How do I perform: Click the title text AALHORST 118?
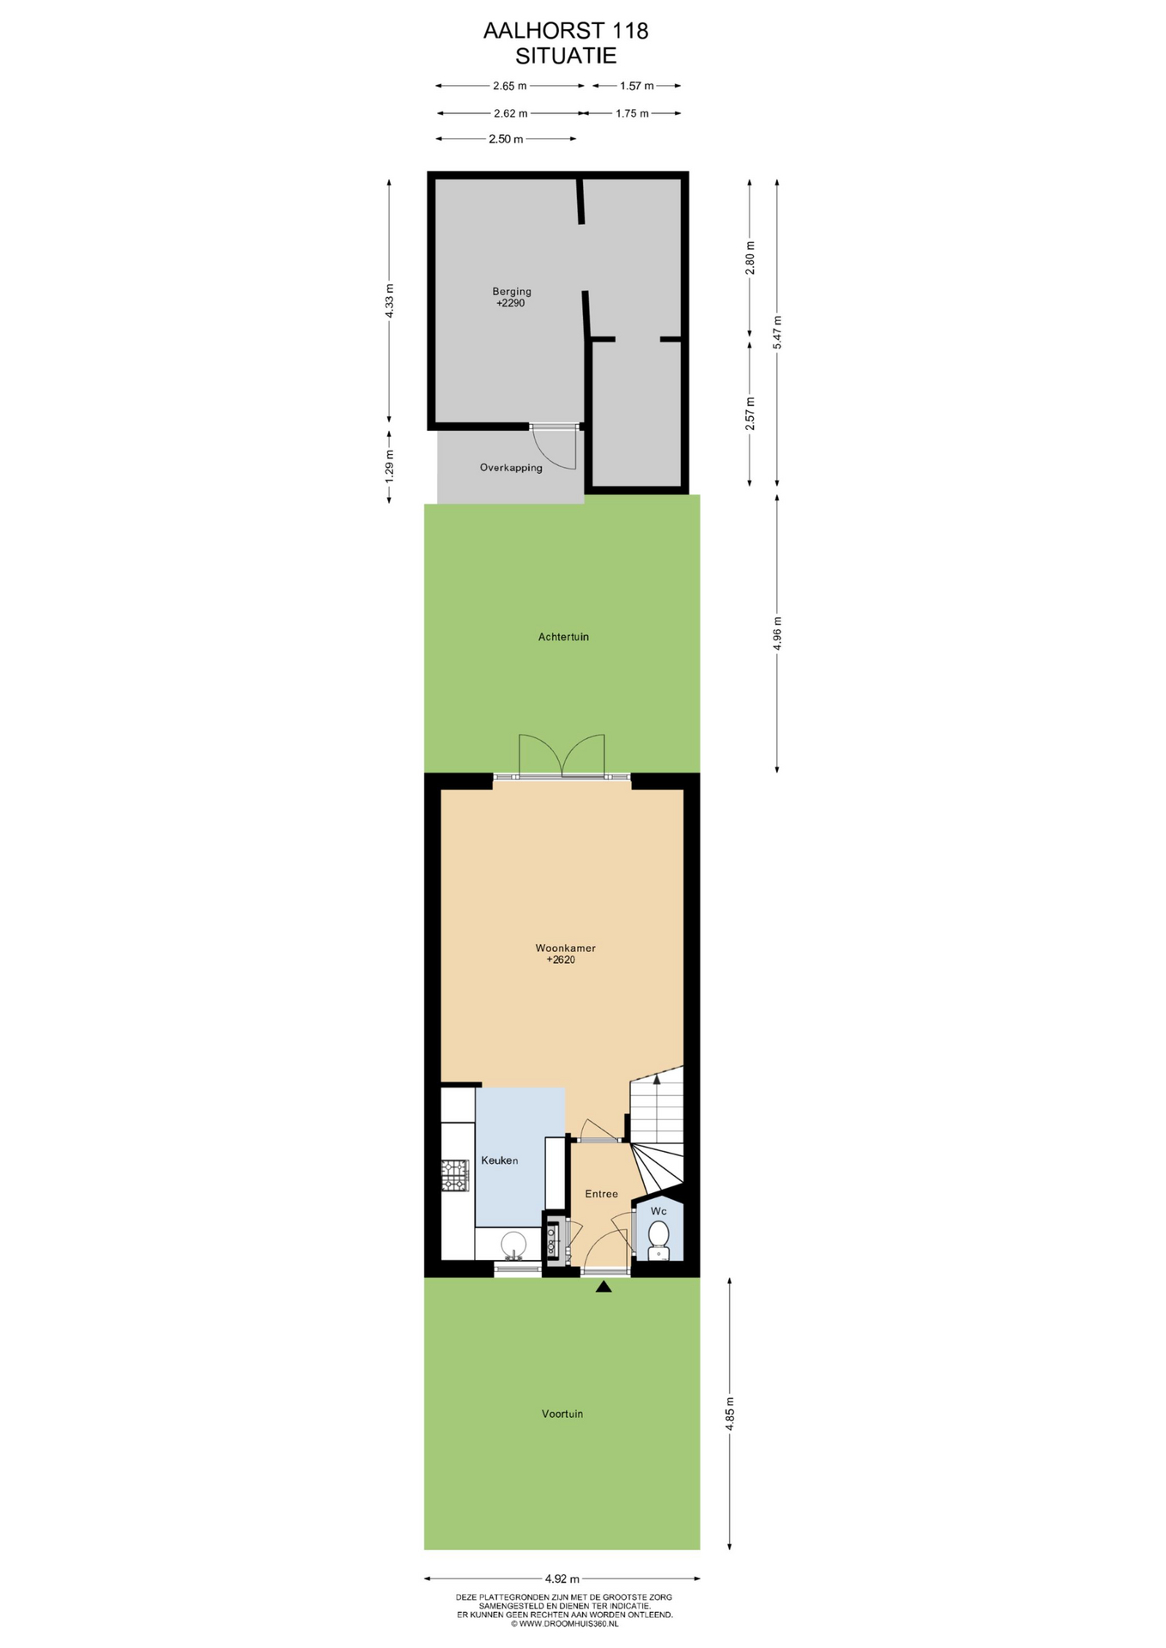tap(566, 31)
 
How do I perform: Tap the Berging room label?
tap(512, 292)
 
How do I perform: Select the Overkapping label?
tap(511, 468)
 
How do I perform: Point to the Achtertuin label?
tap(563, 637)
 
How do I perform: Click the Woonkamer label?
tap(565, 948)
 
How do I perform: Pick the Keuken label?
tap(500, 1160)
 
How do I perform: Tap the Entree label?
tap(601, 1194)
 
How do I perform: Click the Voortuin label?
tap(562, 1414)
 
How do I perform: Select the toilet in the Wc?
tap(659, 1239)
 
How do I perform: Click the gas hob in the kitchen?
tap(455, 1176)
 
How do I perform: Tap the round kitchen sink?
tap(513, 1243)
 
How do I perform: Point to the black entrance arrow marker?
tap(604, 1286)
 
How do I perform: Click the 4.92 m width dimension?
tap(562, 1578)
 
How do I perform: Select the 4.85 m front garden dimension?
tap(730, 1414)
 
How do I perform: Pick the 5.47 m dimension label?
tap(778, 332)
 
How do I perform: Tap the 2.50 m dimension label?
tap(506, 139)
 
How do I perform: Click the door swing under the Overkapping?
tap(555, 448)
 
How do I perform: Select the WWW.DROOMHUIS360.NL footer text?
tap(564, 1623)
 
